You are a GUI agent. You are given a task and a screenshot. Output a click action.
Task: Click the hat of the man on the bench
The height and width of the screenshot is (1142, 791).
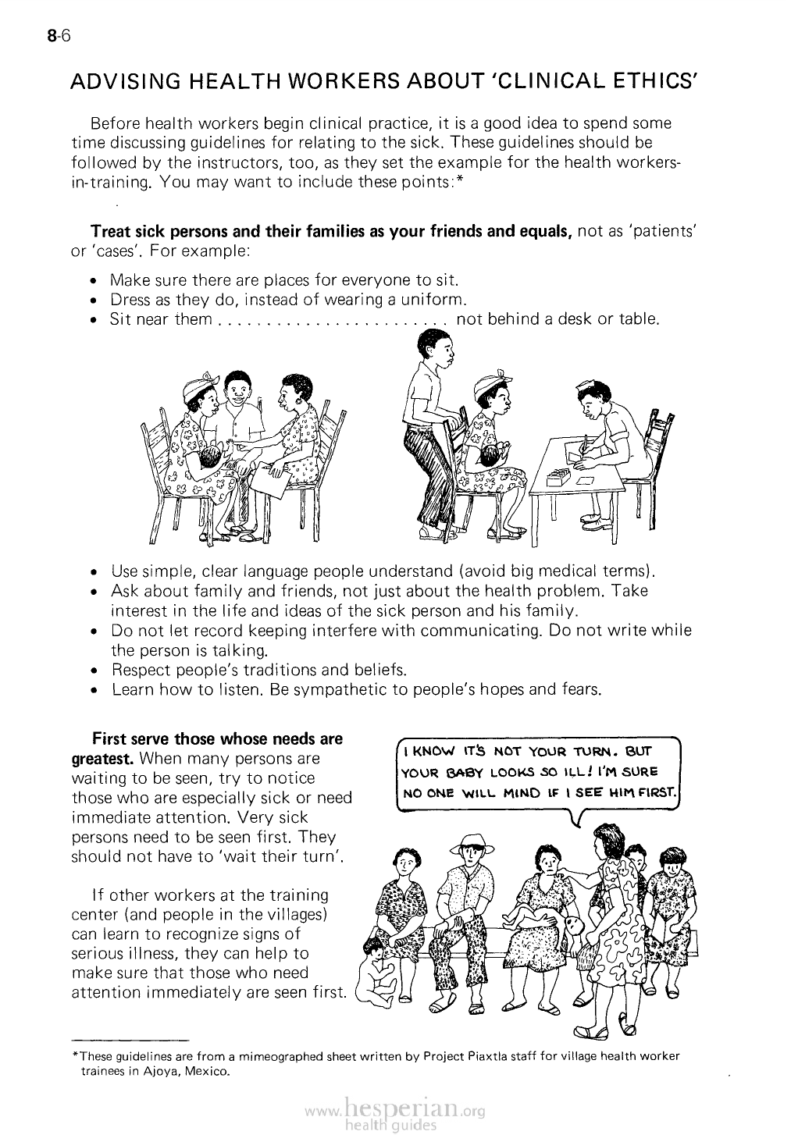(470, 842)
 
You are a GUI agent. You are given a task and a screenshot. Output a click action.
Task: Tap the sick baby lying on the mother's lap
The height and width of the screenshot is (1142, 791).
(547, 921)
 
